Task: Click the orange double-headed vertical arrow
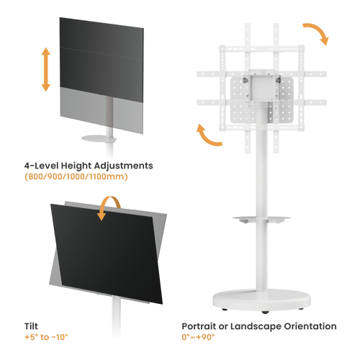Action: [x=46, y=69]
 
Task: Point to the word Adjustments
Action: [x=123, y=166]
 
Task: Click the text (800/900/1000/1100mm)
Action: [x=76, y=176]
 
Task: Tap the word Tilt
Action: [x=31, y=326]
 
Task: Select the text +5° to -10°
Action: [x=46, y=337]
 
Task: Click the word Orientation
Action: [x=310, y=326]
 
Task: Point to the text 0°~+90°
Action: [x=198, y=337]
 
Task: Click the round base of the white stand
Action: [x=261, y=300]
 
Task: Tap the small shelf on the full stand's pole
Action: [x=261, y=219]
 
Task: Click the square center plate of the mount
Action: [x=261, y=88]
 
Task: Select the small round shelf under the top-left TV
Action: [x=99, y=139]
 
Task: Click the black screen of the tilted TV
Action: [x=106, y=253]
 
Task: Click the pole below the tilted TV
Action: [x=116, y=317]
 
